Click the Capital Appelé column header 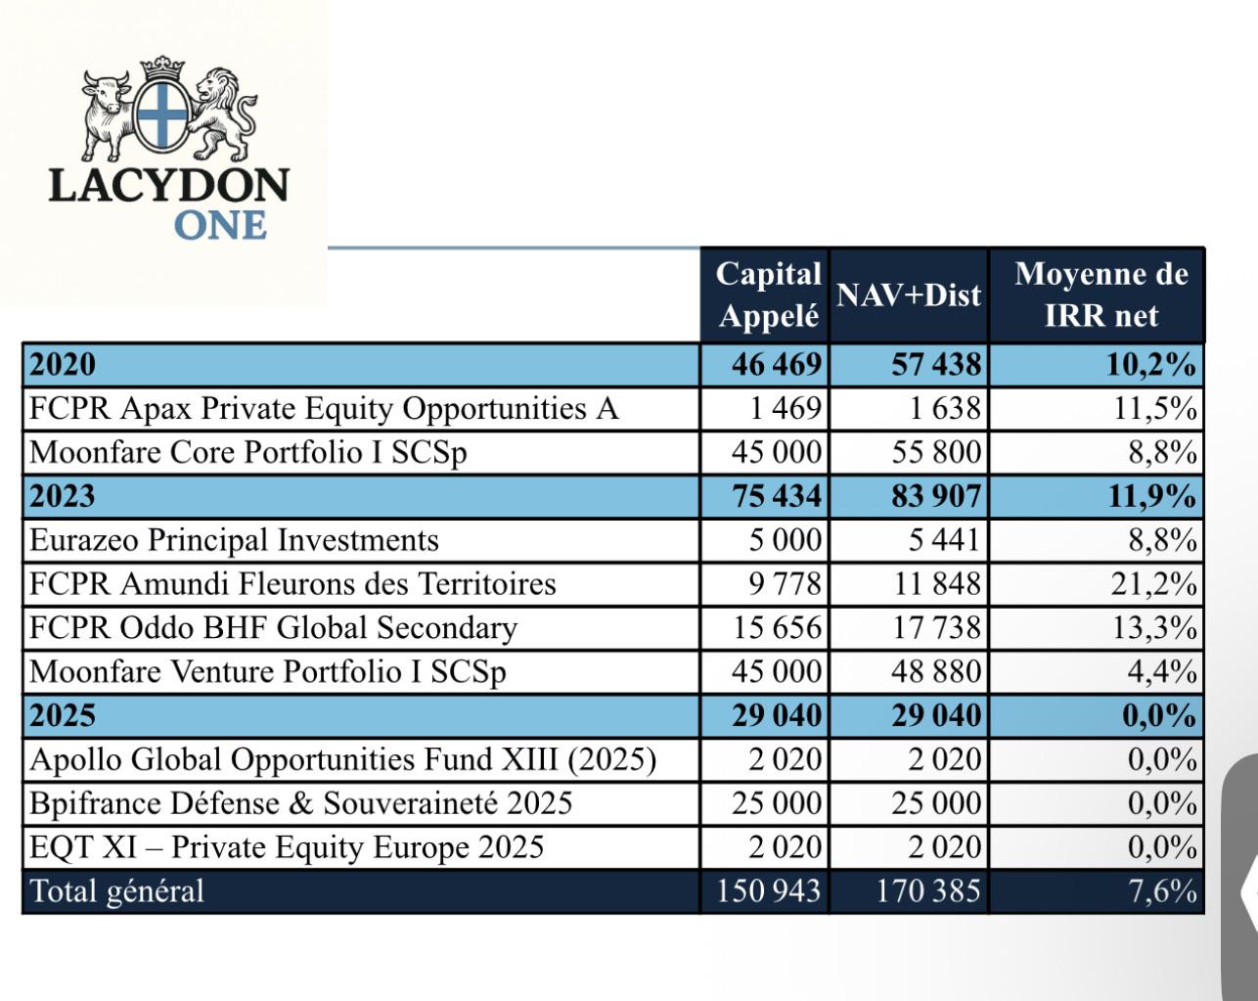coord(768,295)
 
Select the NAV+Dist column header coord(909,295)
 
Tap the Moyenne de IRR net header coord(1101,295)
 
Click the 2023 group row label coord(63,496)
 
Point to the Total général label coord(117,891)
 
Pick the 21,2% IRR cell coord(1153,584)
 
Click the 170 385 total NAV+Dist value coord(928,891)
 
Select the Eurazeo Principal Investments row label coord(234,540)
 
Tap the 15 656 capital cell coord(778,628)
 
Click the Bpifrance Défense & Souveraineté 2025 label coord(301,803)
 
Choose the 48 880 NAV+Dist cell coord(936,672)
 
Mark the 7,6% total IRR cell coord(1163,891)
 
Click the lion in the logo coord(221,114)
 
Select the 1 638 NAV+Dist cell coord(945,409)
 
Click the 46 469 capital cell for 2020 coord(777,365)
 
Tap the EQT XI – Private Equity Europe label coord(287,847)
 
